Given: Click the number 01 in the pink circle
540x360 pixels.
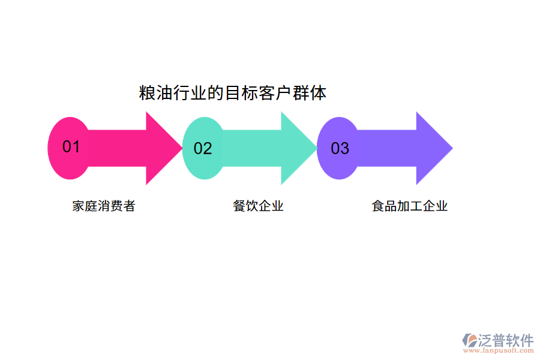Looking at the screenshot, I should [x=71, y=147].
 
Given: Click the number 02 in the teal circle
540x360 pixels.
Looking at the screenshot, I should [x=203, y=148].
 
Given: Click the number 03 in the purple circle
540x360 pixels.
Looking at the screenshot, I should [x=340, y=148].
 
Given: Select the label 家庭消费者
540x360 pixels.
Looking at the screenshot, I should [x=104, y=206].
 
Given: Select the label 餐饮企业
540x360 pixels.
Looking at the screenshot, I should [x=258, y=206].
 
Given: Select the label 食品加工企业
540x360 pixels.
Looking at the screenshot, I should [x=410, y=206].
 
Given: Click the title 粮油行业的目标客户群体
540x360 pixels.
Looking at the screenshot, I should [x=233, y=93].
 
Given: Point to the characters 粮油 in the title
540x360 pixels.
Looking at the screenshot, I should [x=155, y=93].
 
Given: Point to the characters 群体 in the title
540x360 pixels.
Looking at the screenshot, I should [x=310, y=93].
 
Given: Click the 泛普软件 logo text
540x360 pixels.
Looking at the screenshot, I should [x=506, y=341].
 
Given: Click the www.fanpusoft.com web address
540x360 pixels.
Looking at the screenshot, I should [x=497, y=352].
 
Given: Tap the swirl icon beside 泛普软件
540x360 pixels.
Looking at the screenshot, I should [x=469, y=340].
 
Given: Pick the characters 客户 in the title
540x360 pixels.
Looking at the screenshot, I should [x=275, y=93].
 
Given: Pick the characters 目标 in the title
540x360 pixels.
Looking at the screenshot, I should [x=241, y=93].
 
